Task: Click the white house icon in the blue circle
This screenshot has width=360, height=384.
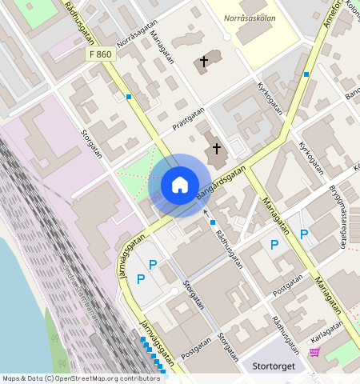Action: click(180, 186)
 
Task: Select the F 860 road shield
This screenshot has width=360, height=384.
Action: click(101, 54)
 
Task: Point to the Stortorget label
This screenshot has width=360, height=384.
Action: click(274, 366)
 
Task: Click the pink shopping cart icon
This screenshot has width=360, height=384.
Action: click(314, 352)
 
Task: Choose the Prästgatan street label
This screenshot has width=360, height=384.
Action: click(188, 120)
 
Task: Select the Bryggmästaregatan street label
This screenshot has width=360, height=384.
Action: click(340, 217)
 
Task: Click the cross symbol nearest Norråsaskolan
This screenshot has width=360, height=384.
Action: click(203, 61)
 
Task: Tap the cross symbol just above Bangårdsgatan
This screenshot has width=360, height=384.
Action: click(215, 148)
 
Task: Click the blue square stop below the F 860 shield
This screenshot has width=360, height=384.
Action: click(128, 98)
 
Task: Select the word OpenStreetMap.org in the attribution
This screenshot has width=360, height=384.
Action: click(97, 378)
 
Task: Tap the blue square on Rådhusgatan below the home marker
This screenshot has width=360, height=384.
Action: click(213, 222)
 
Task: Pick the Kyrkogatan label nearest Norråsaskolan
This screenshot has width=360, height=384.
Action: click(271, 96)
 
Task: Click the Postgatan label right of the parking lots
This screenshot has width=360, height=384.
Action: click(288, 286)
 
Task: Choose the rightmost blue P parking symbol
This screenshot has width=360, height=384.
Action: click(303, 234)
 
